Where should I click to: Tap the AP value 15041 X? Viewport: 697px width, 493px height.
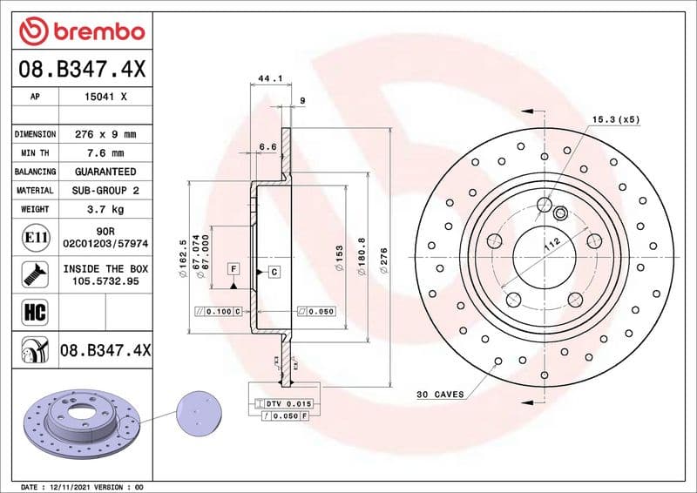105,98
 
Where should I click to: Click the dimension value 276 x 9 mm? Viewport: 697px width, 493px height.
105,135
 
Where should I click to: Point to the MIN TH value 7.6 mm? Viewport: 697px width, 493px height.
105,153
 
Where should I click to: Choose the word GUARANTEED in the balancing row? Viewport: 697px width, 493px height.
105,172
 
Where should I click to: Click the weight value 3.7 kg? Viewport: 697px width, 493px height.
105,209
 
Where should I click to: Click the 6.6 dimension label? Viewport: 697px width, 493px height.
267,147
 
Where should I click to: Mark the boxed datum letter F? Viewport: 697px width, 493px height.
233,269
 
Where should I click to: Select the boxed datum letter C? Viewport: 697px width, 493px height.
274,273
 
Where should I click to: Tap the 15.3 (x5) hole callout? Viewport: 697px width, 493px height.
616,118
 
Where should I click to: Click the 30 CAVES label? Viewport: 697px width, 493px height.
440,395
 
